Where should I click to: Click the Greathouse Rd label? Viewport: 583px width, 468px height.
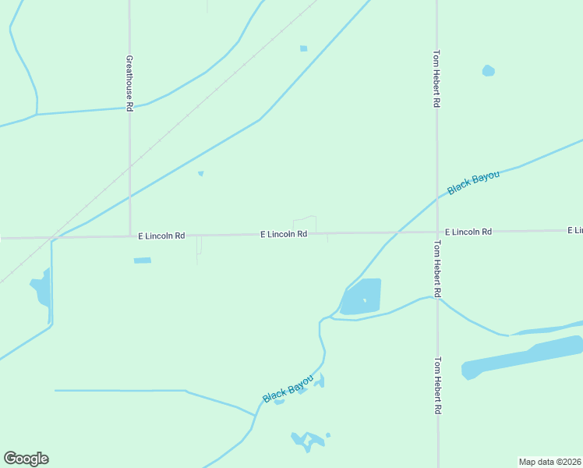tap(130, 82)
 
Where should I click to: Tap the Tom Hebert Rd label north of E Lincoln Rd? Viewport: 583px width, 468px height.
tap(437, 79)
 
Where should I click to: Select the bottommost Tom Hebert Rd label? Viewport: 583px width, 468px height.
tap(438, 385)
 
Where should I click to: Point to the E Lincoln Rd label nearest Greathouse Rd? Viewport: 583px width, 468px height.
tap(161, 236)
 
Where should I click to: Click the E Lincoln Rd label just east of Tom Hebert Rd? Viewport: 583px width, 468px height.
tap(468, 232)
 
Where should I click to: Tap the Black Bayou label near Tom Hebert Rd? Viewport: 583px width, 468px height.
tap(473, 184)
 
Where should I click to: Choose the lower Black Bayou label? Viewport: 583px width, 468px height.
tap(288, 388)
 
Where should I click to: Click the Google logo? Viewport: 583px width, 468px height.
tap(26, 459)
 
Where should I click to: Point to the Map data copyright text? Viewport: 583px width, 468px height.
tap(550, 462)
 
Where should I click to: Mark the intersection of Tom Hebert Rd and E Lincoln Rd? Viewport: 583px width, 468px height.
tap(437, 232)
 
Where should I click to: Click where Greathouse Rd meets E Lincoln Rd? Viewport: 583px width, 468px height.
tap(130, 236)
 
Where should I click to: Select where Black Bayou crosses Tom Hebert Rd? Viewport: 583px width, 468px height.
tap(437, 196)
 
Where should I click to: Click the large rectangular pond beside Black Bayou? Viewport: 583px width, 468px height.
tap(362, 297)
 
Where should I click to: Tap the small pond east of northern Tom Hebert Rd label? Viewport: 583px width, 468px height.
tap(488, 71)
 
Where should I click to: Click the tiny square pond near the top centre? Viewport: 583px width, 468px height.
tap(303, 48)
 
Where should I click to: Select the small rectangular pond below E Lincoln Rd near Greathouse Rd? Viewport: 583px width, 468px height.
tap(142, 260)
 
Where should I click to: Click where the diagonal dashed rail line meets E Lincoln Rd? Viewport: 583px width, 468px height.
tap(50, 237)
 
